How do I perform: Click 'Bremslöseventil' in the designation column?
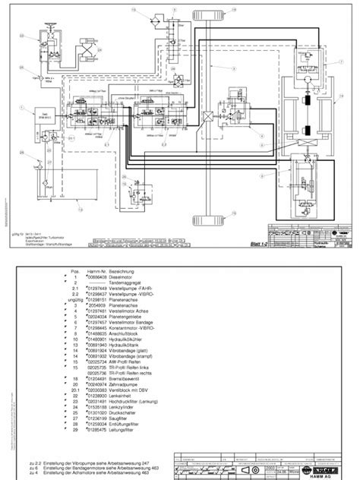point(126,378)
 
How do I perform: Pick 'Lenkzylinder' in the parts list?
point(124,409)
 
